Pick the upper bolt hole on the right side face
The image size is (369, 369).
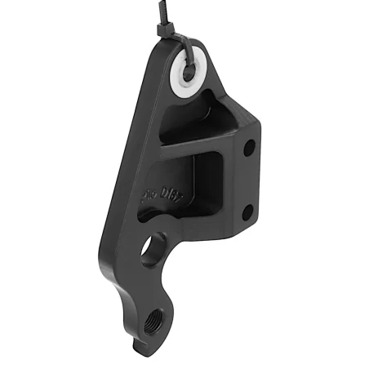pos(249,149)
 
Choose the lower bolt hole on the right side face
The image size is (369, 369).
pos(247,214)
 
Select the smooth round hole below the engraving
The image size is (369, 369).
pos(153,251)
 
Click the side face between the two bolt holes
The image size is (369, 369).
pos(248,181)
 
